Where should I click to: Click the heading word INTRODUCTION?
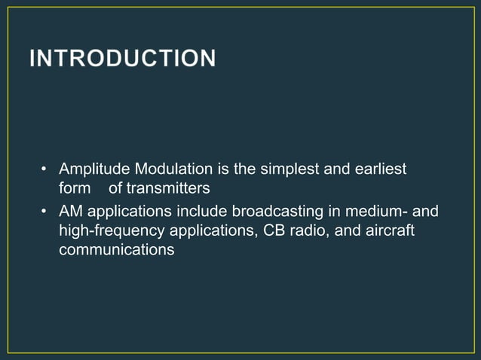pos(122,58)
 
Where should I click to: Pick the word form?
pos(75,188)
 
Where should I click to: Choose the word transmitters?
pos(168,188)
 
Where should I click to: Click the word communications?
pos(117,249)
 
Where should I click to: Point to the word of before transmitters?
pos(115,188)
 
